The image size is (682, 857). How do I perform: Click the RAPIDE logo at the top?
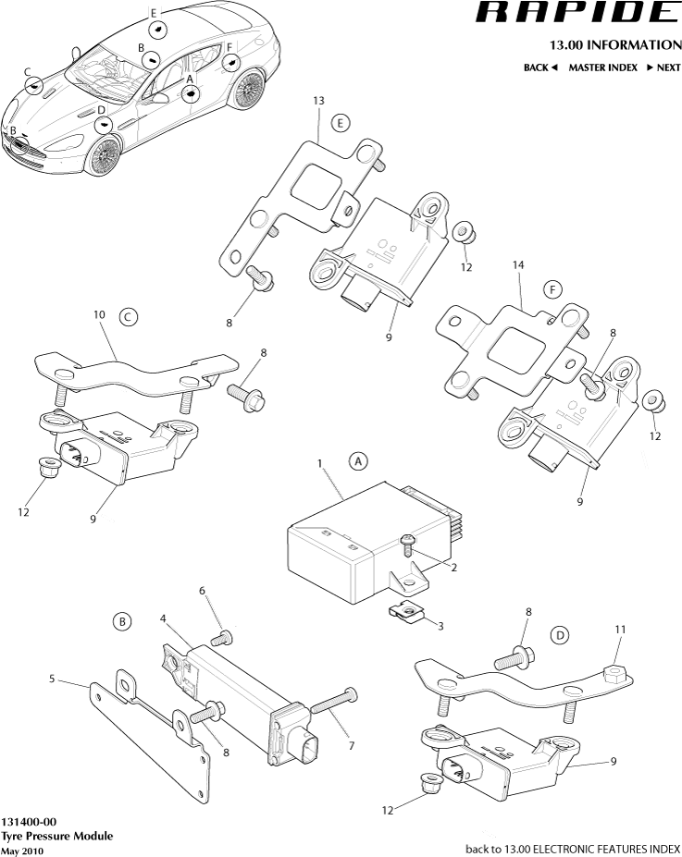(x=577, y=13)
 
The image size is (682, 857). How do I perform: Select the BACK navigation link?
(x=540, y=67)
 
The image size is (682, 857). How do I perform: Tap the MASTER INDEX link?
(x=601, y=67)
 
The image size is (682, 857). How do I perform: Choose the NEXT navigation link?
(x=663, y=67)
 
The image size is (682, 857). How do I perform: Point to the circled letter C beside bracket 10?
(x=129, y=317)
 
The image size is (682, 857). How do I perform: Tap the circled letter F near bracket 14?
(x=552, y=289)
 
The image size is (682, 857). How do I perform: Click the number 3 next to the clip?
(x=440, y=626)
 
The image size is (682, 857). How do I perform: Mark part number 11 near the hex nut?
(x=621, y=630)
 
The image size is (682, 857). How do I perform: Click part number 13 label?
(x=318, y=100)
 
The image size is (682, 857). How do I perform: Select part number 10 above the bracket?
(x=99, y=314)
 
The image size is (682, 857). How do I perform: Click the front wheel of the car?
(x=105, y=154)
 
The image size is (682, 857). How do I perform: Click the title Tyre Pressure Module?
(x=56, y=836)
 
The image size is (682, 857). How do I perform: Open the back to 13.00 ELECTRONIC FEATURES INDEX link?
(x=572, y=848)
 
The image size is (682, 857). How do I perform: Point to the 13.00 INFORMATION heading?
(x=614, y=44)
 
